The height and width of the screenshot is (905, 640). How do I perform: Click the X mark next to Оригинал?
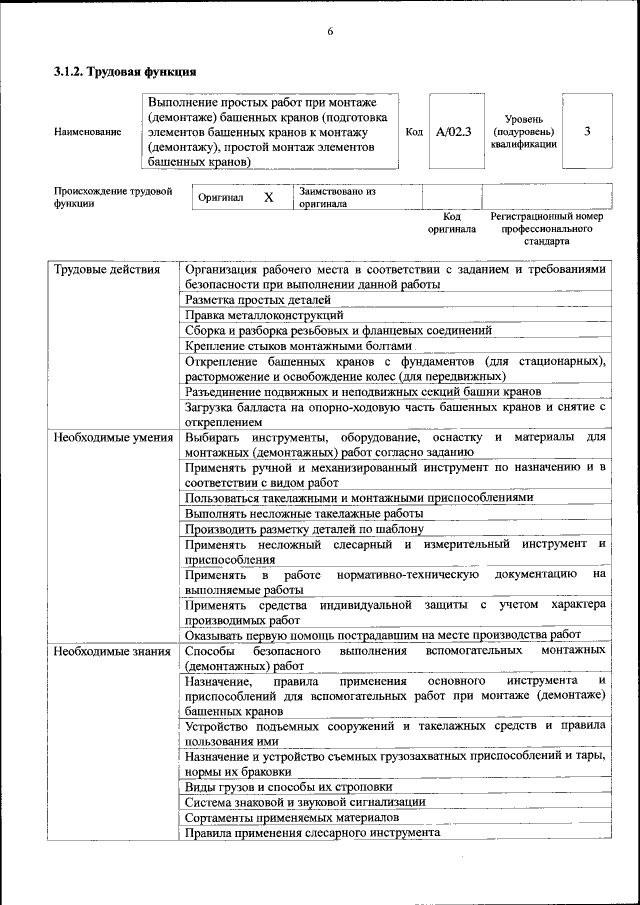coord(268,197)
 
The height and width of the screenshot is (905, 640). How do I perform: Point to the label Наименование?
coord(88,132)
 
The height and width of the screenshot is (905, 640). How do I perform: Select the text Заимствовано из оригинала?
coord(337,197)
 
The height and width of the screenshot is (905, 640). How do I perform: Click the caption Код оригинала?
coord(452,223)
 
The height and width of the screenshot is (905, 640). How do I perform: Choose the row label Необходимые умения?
coord(114,437)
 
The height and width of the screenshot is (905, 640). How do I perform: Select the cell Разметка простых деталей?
coord(257,300)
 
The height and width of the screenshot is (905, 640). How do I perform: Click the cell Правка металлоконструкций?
coord(257,315)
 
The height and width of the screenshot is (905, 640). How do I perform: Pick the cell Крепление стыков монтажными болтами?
coord(298,345)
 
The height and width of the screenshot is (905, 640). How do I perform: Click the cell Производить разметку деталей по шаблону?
coord(305,528)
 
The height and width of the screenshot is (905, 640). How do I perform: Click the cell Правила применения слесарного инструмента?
coord(312,832)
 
